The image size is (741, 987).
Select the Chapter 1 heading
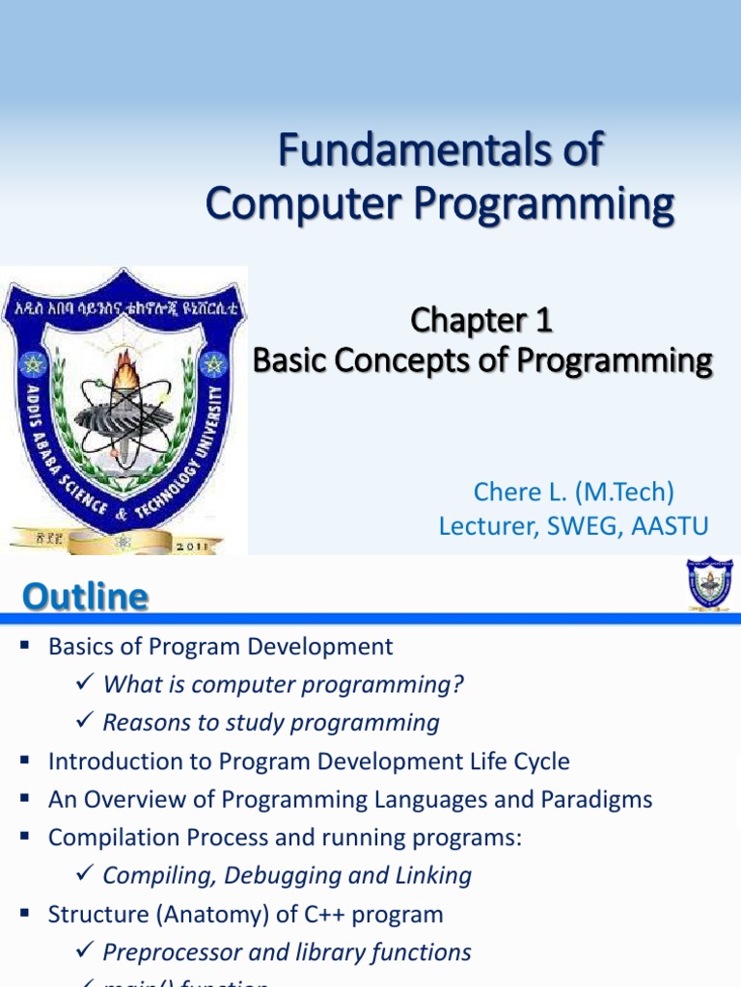(481, 320)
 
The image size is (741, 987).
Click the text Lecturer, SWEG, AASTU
(573, 526)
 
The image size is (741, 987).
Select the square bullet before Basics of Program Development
(26, 646)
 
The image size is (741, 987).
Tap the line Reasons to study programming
(271, 723)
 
